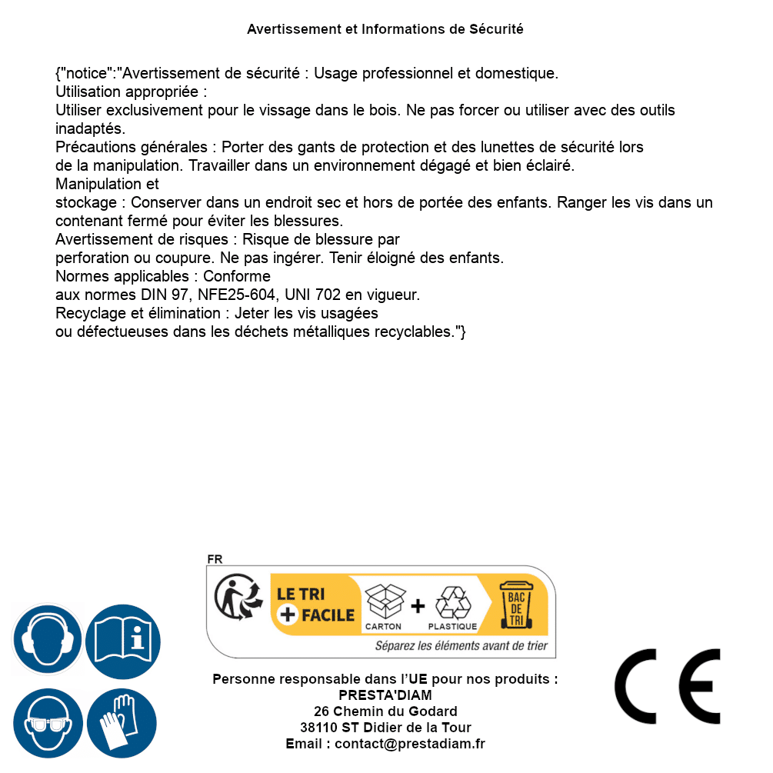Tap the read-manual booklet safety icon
(x=123, y=640)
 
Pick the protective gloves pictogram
(x=123, y=723)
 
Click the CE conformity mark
(x=668, y=686)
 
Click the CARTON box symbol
(x=384, y=602)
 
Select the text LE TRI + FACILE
(x=315, y=605)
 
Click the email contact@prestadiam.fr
(x=410, y=744)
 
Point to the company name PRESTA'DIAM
(x=385, y=695)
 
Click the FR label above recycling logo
(x=215, y=559)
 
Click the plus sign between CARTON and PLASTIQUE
(x=418, y=605)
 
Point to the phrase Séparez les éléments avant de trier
(x=461, y=646)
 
